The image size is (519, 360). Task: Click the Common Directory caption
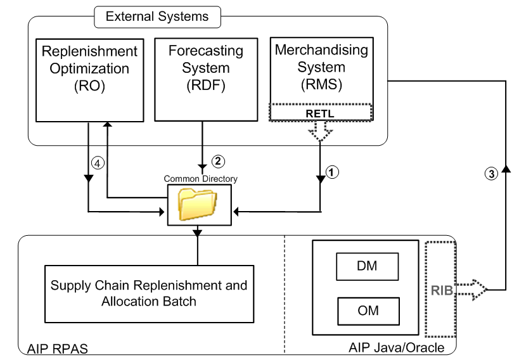point(200,179)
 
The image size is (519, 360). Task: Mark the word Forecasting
point(205,50)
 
